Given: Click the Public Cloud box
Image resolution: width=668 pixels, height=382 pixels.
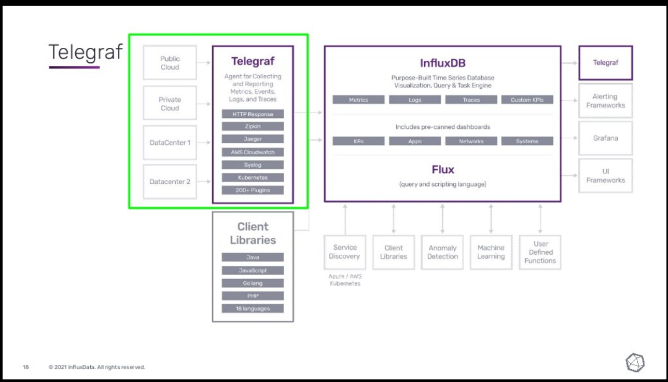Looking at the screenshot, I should tap(170, 63).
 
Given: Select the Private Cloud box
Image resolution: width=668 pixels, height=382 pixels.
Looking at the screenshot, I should tap(170, 104).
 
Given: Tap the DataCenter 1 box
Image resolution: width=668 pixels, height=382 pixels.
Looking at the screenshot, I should tap(170, 142).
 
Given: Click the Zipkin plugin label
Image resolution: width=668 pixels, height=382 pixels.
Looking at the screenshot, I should tap(253, 127).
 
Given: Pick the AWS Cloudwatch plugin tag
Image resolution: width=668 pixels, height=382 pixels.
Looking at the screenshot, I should tap(253, 152).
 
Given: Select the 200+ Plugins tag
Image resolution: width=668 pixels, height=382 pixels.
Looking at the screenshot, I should tap(253, 190).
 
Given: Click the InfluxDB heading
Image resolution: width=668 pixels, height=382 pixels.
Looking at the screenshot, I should tap(442, 63).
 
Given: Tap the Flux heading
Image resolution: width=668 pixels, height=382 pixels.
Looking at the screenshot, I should tap(442, 170).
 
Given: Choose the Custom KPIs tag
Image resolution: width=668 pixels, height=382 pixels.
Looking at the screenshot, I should tap(527, 100).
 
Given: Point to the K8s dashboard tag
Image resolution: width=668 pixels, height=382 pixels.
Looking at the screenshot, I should tap(358, 141).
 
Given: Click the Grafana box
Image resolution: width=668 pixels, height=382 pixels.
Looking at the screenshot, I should tap(605, 139).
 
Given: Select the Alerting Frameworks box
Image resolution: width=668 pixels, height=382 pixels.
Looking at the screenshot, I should tap(605, 101).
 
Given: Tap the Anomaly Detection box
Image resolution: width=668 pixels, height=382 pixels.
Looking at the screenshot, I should tap(442, 252).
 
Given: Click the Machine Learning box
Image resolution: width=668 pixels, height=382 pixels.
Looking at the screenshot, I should tap(491, 252).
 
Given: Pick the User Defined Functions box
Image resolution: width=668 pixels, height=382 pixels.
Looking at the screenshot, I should tap(540, 252).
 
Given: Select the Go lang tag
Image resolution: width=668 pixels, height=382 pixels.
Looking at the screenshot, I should tap(253, 283).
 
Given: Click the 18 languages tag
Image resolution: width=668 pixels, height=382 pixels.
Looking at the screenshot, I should tap(253, 308).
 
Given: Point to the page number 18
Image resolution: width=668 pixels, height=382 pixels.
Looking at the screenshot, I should tap(25, 367).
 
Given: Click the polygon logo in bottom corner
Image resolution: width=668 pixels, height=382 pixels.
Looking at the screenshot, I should tap(635, 363).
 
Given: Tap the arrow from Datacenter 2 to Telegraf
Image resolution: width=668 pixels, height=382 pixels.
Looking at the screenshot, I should tap(204, 182).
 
